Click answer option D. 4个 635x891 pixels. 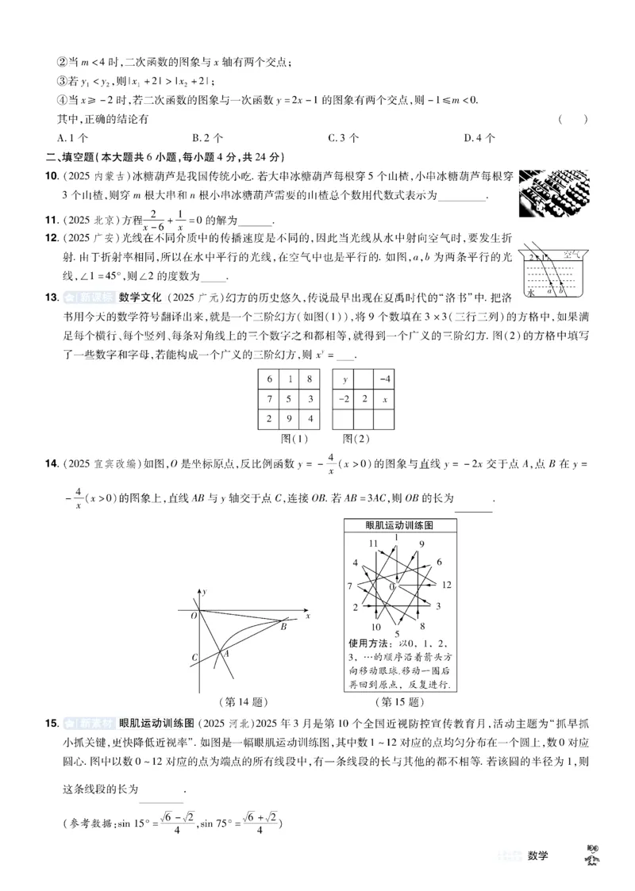click(x=479, y=137)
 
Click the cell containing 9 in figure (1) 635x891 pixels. click(x=290, y=419)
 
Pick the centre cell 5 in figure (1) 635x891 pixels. click(x=290, y=399)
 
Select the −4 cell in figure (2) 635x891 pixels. click(x=384, y=380)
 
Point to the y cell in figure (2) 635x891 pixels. click(x=344, y=380)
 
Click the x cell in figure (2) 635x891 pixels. click(x=384, y=399)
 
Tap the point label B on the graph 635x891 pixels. click(x=283, y=627)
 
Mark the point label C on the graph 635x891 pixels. click(x=194, y=657)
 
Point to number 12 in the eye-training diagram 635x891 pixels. click(x=446, y=585)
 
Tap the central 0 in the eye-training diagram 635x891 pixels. click(x=393, y=586)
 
